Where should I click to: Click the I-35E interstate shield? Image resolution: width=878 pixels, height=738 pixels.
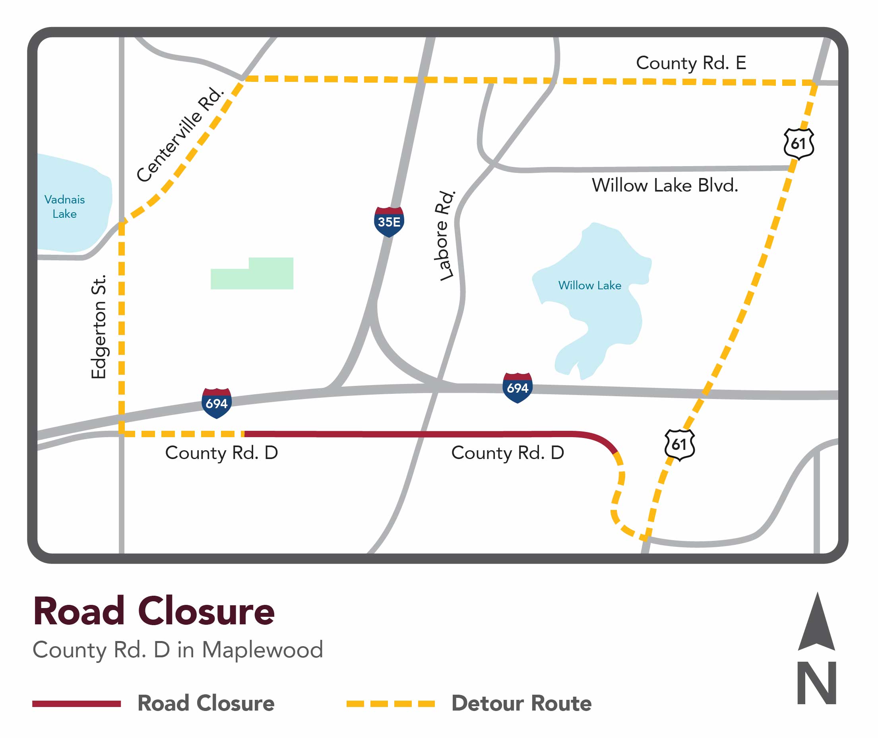pos(389,222)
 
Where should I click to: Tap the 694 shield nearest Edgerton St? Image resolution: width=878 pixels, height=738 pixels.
pos(216,403)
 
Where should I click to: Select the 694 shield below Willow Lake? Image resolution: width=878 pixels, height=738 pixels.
pos(517,387)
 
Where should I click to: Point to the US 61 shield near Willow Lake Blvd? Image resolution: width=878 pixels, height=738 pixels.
pos(799,143)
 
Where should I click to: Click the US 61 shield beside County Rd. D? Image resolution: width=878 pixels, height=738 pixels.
pos(680,444)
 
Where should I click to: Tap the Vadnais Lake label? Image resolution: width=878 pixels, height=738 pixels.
pos(64,206)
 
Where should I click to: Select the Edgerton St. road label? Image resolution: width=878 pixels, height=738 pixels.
pos(99,327)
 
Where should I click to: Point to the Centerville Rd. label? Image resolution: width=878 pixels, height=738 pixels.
pos(180,134)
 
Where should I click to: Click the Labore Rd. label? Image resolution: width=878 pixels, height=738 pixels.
pos(444,236)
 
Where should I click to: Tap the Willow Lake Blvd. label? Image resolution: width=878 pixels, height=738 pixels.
pos(665,185)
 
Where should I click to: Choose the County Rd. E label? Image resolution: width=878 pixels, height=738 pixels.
pos(691,63)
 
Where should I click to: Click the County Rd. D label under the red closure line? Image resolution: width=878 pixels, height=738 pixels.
pos(507,453)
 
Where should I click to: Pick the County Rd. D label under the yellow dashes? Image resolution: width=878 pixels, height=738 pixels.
pos(221,453)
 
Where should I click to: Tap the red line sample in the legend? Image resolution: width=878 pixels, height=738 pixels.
pos(77,704)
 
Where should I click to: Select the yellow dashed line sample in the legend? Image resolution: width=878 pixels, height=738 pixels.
pos(390,704)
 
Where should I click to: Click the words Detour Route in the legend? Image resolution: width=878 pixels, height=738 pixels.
pos(521,703)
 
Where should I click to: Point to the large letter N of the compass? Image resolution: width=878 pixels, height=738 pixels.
pos(816,683)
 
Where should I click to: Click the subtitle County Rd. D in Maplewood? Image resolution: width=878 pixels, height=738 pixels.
pos(178,650)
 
